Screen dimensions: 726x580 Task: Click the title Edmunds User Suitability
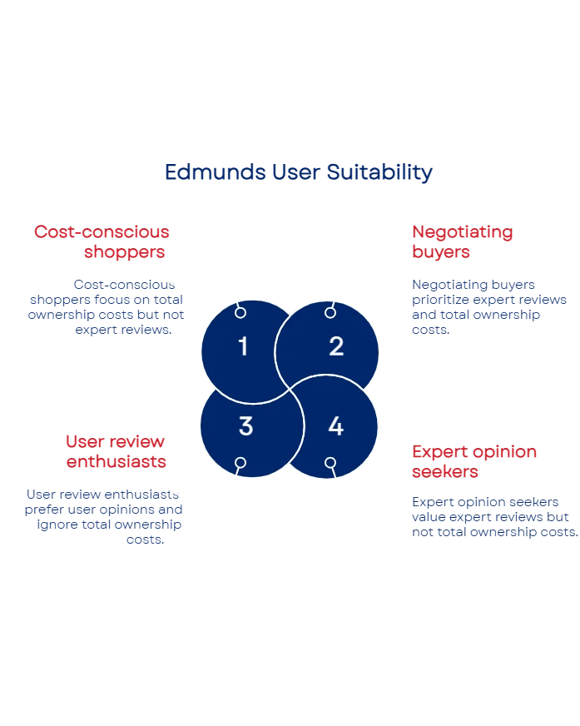coord(298,172)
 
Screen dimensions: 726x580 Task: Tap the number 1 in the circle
coord(243,346)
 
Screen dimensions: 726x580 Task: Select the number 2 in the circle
coord(336,346)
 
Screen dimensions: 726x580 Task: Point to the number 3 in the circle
coord(245,426)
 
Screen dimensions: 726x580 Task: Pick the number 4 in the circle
coord(335,426)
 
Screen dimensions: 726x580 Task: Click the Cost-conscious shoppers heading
coord(102,241)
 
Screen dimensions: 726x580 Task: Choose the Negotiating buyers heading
coord(462,241)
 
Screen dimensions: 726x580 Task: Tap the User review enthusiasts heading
coord(116,450)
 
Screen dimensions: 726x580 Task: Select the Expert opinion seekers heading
coord(475,461)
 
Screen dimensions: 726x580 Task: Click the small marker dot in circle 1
coord(240,312)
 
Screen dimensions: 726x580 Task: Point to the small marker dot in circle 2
coord(330,312)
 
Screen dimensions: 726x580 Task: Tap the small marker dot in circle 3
coord(240,462)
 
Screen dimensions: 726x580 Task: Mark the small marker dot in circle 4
coord(330,462)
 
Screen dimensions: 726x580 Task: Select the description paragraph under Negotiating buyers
coord(489,307)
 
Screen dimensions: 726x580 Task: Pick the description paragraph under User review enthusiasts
coord(103,516)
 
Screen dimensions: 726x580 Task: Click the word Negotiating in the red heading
coord(462,232)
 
